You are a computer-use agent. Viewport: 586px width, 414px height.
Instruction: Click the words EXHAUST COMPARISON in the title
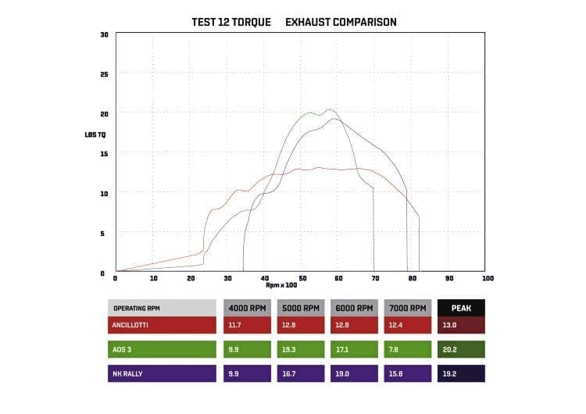pos(341,22)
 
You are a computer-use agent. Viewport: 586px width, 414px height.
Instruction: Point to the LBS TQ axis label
pos(96,134)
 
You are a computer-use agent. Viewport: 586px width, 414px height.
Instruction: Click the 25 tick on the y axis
pos(105,74)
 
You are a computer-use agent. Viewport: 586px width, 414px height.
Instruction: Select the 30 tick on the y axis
pos(105,34)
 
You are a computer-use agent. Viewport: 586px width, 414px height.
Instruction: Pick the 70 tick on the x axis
pos(376,278)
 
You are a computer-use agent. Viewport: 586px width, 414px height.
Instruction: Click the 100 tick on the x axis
pos(488,278)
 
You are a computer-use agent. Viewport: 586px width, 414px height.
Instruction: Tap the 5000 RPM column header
pos(301,307)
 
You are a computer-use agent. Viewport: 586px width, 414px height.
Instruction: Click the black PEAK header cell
pos(462,307)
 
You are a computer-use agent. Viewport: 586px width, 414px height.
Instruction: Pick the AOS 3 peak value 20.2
pos(462,349)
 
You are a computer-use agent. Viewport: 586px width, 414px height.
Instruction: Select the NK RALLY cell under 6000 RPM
pos(355,374)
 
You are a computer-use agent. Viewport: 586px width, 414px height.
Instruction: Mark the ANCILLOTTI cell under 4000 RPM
pos(247,323)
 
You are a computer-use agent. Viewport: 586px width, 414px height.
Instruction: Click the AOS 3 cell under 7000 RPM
pos(408,349)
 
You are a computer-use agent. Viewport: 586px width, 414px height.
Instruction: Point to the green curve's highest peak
pos(329,110)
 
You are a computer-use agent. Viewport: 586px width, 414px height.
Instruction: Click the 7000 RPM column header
pos(408,307)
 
